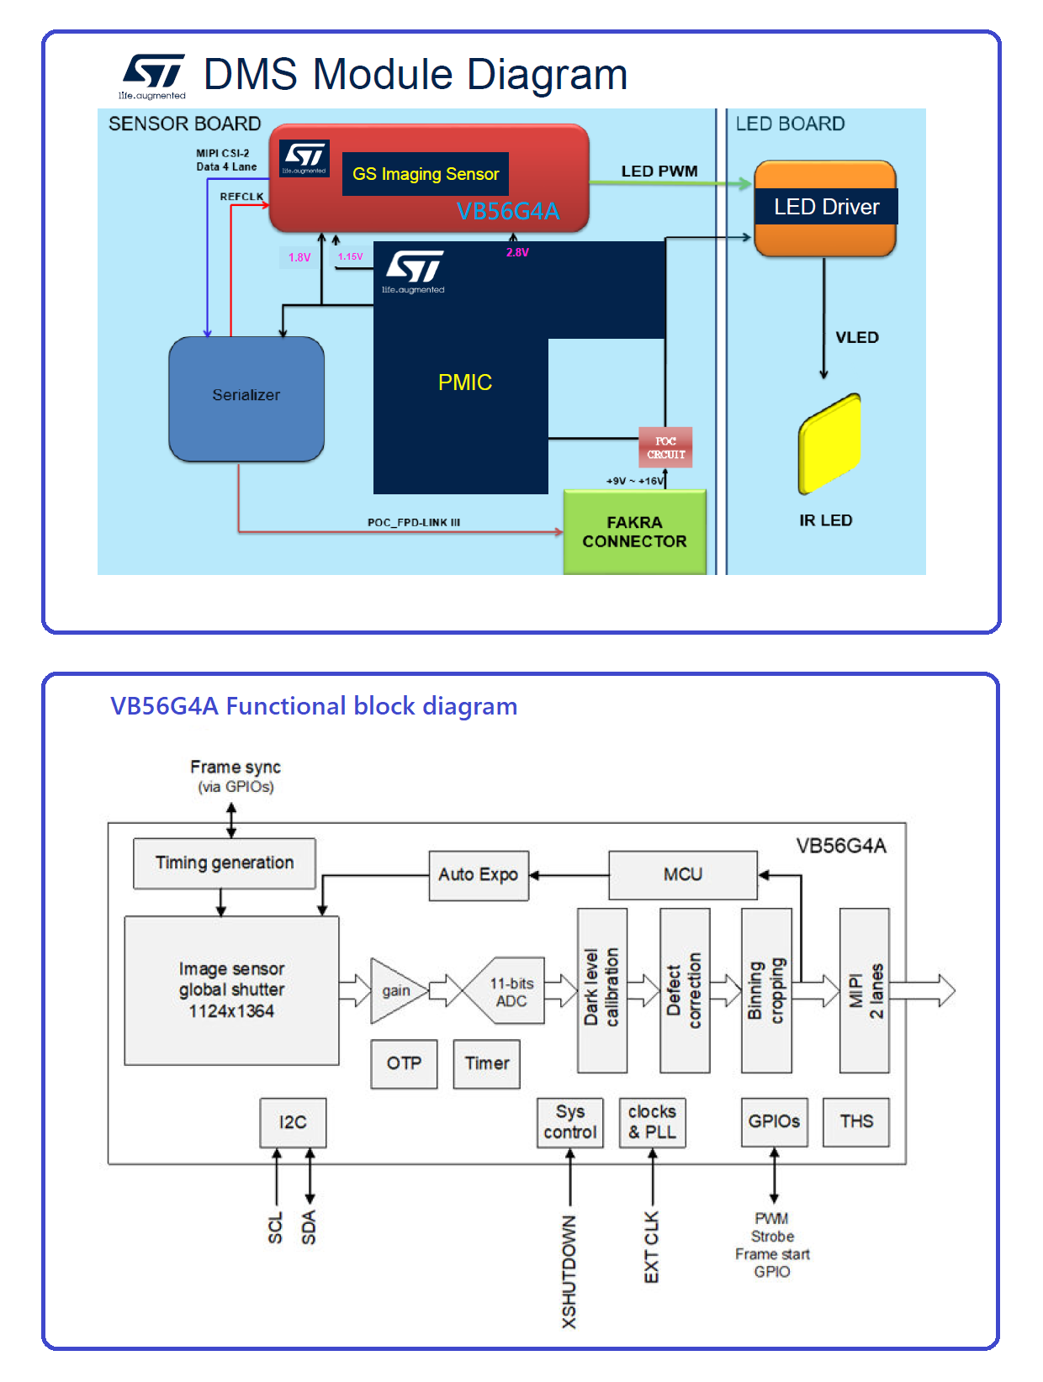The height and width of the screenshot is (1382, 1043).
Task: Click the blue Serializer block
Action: [x=246, y=398]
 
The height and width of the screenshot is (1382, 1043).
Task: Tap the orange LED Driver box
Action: [x=825, y=208]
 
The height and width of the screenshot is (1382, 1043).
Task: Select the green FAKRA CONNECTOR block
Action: [x=634, y=532]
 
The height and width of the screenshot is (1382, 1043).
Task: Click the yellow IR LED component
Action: [x=829, y=443]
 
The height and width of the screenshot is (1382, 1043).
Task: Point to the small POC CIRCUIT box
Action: [x=665, y=447]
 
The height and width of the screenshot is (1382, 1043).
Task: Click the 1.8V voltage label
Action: [x=299, y=257]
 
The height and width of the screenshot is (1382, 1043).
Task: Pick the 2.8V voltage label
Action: [x=517, y=252]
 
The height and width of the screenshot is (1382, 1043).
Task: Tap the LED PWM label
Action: [x=659, y=171]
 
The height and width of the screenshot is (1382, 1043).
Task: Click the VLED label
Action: [x=856, y=337]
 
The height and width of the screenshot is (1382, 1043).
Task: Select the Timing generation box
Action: [x=225, y=863]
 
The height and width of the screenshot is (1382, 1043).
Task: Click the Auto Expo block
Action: [x=478, y=875]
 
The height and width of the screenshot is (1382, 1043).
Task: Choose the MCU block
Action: [x=682, y=875]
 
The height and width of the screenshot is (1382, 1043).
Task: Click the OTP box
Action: [x=404, y=1063]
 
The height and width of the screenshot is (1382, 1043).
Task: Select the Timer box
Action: [x=486, y=1063]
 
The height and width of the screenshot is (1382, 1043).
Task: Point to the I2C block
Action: [x=293, y=1122]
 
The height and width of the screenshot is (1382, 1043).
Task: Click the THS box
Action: [x=855, y=1121]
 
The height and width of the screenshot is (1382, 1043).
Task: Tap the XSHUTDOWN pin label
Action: [x=569, y=1271]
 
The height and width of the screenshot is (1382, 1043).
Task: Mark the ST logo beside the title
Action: [x=153, y=76]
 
